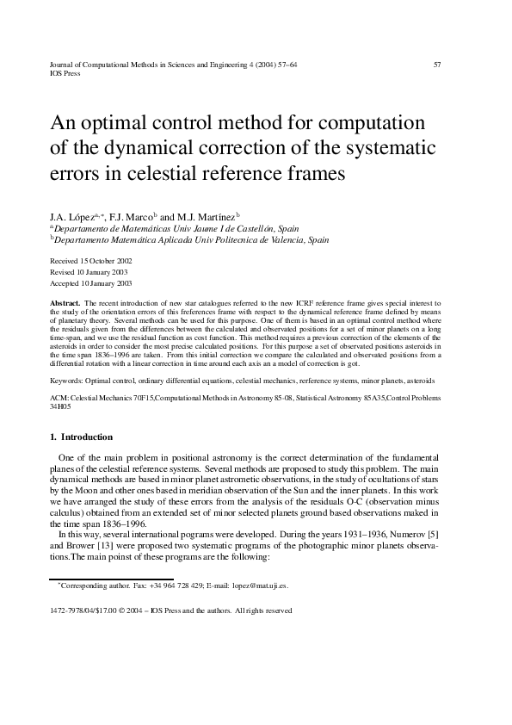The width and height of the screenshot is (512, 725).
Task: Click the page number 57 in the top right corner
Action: click(437, 65)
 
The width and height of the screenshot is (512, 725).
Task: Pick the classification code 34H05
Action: click(61, 407)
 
